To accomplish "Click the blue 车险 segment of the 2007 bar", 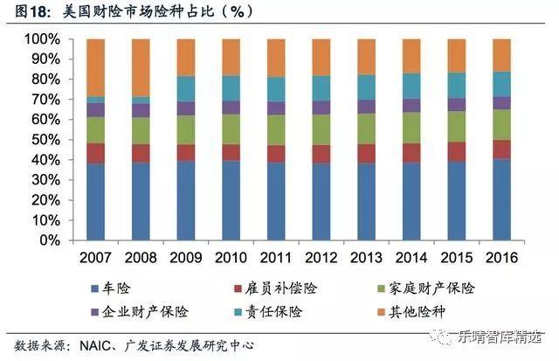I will (96, 202).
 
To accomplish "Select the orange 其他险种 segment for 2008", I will (141, 66).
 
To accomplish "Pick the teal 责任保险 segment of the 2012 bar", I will (321, 87).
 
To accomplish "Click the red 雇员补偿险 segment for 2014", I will (411, 153).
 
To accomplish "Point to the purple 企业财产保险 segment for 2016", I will (500, 102).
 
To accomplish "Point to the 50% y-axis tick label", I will (45, 140).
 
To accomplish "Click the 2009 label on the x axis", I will (185, 258).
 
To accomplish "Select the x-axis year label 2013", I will (366, 258).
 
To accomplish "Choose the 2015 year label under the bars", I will (456, 258).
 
